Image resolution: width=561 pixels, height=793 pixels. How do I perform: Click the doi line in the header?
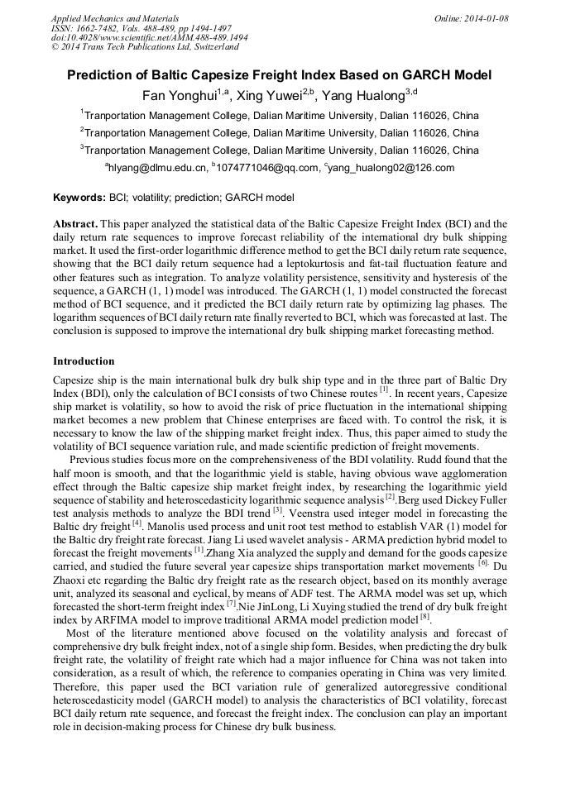pyautogui.click(x=149, y=37)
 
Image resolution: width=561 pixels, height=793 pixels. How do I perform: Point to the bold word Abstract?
pyautogui.click(x=75, y=224)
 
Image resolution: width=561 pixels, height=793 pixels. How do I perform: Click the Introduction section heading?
pyautogui.click(x=84, y=361)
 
